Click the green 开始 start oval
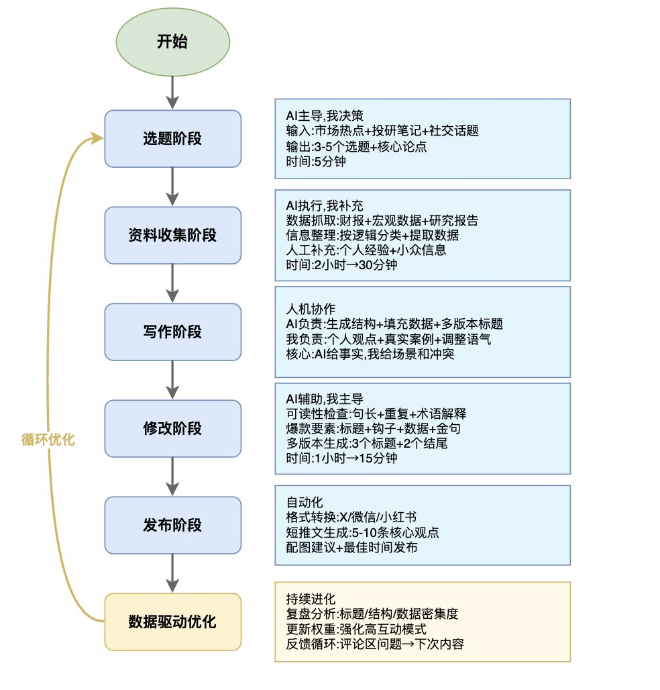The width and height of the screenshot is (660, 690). pyautogui.click(x=172, y=42)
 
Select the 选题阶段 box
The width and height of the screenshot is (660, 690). pyautogui.click(x=172, y=138)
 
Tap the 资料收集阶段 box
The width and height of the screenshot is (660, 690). pyautogui.click(x=172, y=235)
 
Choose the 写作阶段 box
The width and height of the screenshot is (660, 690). pyautogui.click(x=172, y=332)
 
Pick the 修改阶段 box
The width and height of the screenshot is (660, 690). pyautogui.click(x=172, y=428)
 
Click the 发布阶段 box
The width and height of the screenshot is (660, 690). pyautogui.click(x=172, y=525)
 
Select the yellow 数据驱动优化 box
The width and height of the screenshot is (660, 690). pyautogui.click(x=172, y=622)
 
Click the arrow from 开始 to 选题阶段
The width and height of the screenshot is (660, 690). pyautogui.click(x=172, y=91)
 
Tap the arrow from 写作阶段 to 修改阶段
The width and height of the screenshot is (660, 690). pyautogui.click(x=172, y=380)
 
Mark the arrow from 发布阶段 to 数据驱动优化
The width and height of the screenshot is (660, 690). pyautogui.click(x=172, y=573)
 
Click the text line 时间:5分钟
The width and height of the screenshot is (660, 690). pyautogui.click(x=313, y=161)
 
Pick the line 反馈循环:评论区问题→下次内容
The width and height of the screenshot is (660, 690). pyautogui.click(x=374, y=644)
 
